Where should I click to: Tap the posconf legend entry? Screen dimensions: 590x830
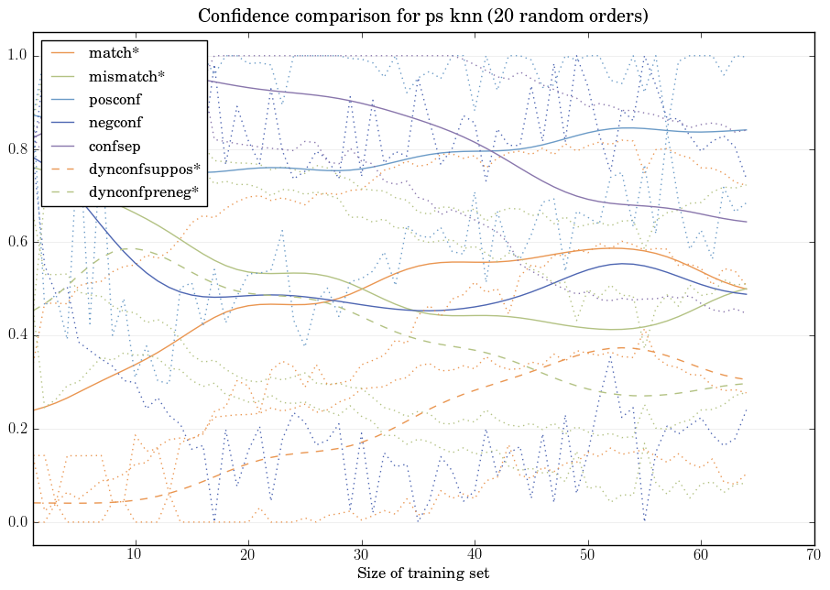point(115,99)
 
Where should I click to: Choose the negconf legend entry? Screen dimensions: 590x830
point(115,122)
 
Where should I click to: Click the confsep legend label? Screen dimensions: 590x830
point(114,145)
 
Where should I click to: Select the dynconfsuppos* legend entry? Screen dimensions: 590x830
point(144,169)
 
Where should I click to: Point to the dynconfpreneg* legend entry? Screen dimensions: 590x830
point(144,191)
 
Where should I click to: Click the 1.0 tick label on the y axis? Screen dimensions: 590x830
point(17,56)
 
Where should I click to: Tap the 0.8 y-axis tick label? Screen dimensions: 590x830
point(17,149)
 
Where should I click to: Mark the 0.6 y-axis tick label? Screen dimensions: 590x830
point(17,243)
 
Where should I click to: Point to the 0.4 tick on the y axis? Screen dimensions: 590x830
point(17,336)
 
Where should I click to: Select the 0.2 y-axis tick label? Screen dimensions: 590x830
point(17,430)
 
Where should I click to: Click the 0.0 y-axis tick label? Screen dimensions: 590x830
point(17,523)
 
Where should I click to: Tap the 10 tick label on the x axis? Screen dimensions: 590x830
point(135,555)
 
